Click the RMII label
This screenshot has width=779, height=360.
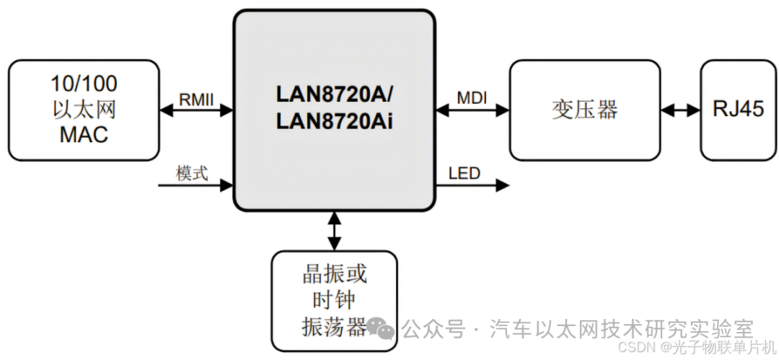[196, 99]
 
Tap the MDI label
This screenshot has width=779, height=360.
[473, 97]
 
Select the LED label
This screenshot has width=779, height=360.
[464, 173]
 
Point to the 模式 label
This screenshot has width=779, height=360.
[192, 173]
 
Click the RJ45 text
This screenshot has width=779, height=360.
[738, 110]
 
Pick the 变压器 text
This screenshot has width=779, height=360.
[585, 110]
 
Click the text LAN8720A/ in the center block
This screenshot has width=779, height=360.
[335, 95]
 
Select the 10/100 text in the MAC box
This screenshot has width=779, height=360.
[84, 84]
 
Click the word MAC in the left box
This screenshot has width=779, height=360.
[84, 134]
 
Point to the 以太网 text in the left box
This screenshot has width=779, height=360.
[84, 110]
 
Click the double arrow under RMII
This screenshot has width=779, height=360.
[196, 110]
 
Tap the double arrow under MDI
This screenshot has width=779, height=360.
[473, 110]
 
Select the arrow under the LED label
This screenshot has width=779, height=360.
[472, 185]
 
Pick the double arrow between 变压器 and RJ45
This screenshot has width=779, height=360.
[680, 110]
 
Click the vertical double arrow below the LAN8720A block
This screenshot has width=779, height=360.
[334, 231]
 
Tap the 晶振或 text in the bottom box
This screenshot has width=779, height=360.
[334, 273]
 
